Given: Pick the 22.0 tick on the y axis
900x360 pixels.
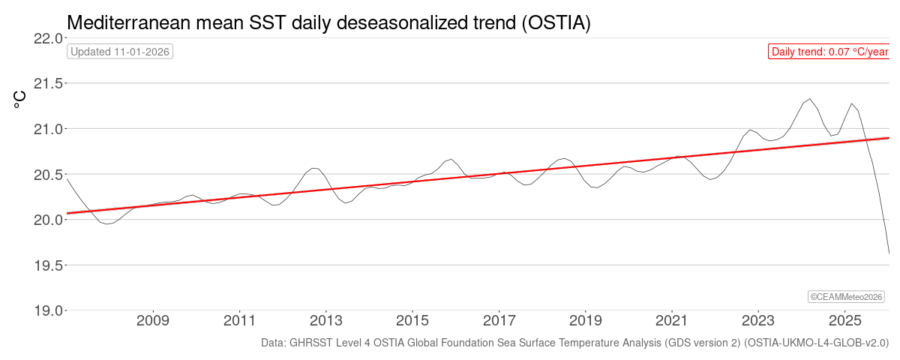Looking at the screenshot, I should (47, 38).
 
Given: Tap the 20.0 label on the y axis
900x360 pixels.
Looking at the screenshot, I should (47, 220).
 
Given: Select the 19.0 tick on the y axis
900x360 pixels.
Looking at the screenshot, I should (47, 310).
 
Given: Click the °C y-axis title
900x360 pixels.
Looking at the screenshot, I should (20, 100).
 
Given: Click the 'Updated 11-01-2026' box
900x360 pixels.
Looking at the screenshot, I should (120, 52).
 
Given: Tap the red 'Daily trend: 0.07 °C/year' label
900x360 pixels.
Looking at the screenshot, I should (829, 52).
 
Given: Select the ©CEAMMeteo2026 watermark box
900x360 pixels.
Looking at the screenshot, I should (847, 297).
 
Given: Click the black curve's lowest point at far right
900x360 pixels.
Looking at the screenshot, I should (889, 253).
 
